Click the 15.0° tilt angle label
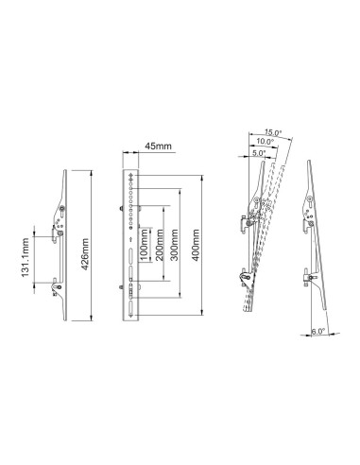click(274, 132)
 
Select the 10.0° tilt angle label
click(266, 141)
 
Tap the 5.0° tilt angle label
click(259, 148)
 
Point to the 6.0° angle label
click(319, 331)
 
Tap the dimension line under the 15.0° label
click(269, 137)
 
